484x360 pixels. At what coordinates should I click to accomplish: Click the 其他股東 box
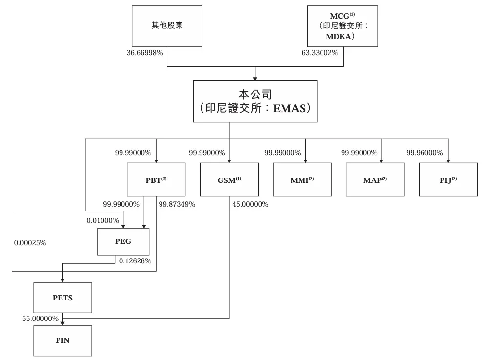[167, 26]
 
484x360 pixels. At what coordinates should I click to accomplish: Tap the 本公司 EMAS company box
[255, 101]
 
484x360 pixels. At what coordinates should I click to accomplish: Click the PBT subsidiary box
[156, 180]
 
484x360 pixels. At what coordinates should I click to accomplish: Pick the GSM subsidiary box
[229, 180]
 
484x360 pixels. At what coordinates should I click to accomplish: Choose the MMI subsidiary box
[302, 180]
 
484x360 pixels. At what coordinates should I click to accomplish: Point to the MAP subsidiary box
[375, 180]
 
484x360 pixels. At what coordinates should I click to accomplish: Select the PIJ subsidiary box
[448, 180]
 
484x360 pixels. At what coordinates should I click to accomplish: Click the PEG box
[123, 241]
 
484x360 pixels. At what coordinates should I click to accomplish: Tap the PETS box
[62, 298]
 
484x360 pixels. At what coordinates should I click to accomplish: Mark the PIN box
[62, 340]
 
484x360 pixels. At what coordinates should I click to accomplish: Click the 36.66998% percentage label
[144, 52]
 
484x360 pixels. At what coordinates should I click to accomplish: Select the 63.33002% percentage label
[320, 52]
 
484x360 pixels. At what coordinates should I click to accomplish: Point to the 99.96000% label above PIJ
[424, 153]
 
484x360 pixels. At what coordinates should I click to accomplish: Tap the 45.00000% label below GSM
[250, 204]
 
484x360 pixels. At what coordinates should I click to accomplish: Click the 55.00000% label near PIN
[40, 318]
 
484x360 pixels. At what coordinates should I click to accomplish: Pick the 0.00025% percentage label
[30, 242]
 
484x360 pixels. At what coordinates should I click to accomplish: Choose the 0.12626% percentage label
[135, 261]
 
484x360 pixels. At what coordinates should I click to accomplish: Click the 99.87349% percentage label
[177, 204]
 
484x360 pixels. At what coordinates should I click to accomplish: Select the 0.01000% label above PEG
[102, 220]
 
